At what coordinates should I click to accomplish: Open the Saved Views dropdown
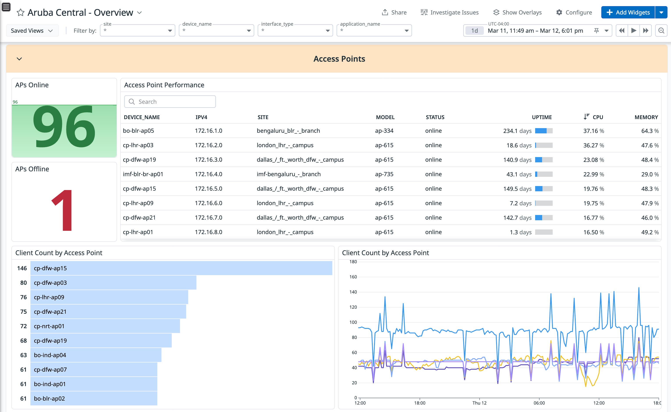32,30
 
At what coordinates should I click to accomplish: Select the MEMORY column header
646,117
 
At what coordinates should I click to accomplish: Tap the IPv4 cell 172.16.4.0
208,174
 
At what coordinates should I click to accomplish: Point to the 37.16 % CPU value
593,131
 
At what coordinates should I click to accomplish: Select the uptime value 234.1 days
517,131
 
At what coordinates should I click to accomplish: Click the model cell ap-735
384,174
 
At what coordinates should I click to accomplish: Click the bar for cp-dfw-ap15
181,268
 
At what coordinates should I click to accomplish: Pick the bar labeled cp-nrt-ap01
105,326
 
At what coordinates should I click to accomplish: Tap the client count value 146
22,268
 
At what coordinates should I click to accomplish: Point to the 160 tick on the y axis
353,277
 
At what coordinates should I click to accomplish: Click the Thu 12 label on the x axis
479,403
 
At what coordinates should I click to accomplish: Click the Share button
394,12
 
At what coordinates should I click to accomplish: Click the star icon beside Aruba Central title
20,13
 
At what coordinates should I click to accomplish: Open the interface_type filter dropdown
295,30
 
